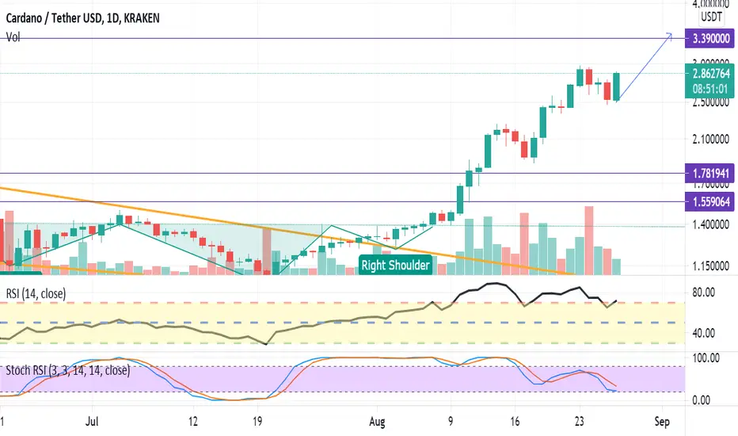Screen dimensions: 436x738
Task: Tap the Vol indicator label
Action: pyautogui.click(x=13, y=36)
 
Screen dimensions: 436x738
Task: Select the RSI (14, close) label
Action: pyautogui.click(x=36, y=294)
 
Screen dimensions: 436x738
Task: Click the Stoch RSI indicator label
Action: pyautogui.click(x=67, y=369)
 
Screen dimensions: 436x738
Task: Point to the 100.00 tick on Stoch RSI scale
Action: pyautogui.click(x=704, y=358)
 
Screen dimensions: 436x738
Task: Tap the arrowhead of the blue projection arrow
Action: pyautogui.click(x=671, y=34)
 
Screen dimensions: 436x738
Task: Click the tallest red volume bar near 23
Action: pyautogui.click(x=588, y=240)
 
